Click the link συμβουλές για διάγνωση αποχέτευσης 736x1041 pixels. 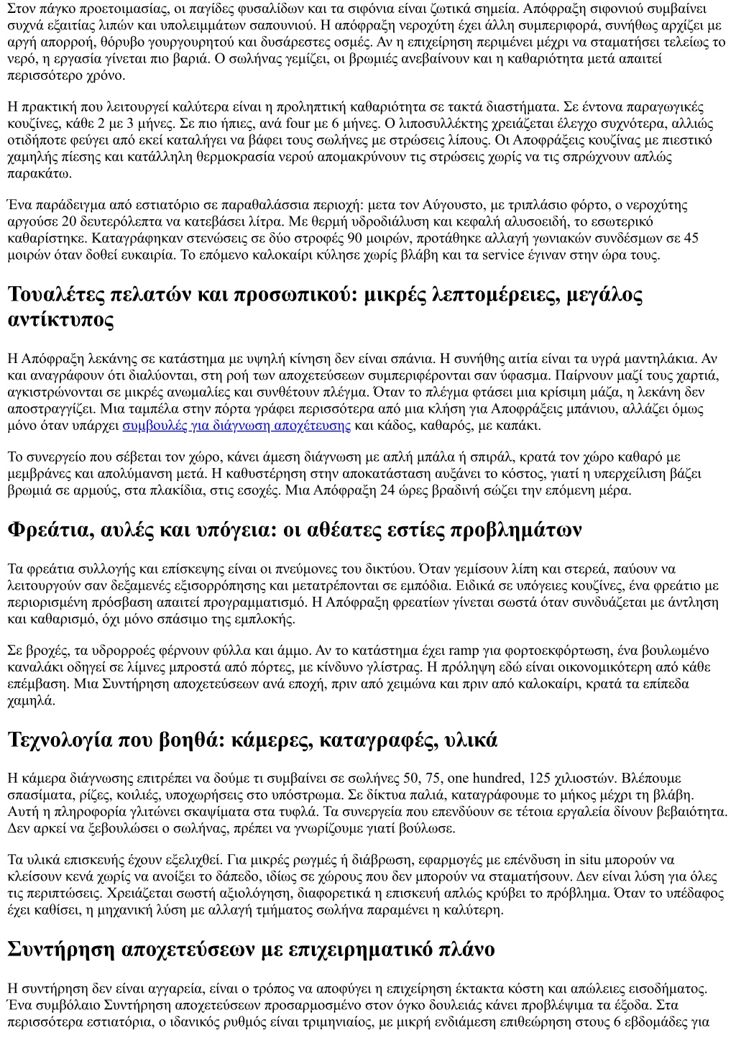tap(236, 426)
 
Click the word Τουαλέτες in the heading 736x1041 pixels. tap(60, 295)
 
